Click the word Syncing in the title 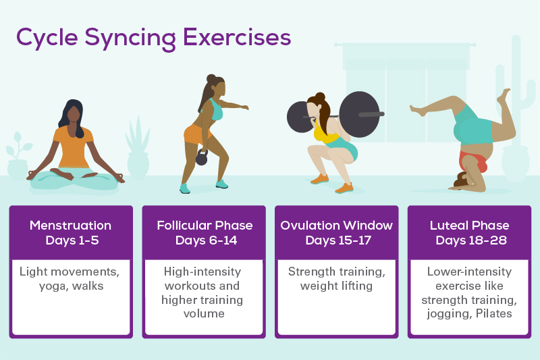pos(130,38)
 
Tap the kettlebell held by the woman pos(202,157)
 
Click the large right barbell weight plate pos(359,114)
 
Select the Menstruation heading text pos(71,226)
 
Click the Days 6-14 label pos(206,240)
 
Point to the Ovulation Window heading pos(336,226)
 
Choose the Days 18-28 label pos(471,240)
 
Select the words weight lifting pos(336,286)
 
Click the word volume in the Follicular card pos(204,314)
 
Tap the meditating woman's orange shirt pos(73,147)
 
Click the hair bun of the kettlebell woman pos(211,78)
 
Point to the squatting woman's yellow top pos(326,134)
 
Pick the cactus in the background pos(515,90)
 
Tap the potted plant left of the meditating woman pos(18,156)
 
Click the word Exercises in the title pos(237,37)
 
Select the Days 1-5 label pos(72,240)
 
